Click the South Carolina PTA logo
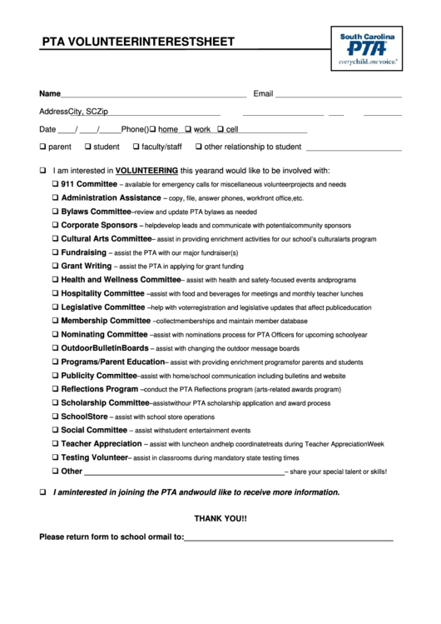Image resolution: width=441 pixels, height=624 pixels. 367,48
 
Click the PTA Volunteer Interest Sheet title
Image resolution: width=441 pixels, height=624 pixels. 137,42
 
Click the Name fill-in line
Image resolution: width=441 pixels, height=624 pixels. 153,94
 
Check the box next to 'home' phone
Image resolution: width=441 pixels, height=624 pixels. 153,129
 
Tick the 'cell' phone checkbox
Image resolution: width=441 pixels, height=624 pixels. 220,129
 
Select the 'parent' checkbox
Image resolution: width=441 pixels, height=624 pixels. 42,147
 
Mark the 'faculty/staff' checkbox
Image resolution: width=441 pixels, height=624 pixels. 136,147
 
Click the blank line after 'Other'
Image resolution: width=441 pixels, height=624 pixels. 184,472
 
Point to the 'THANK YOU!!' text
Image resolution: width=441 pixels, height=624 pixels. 220,518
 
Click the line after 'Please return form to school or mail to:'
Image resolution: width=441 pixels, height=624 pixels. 288,538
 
